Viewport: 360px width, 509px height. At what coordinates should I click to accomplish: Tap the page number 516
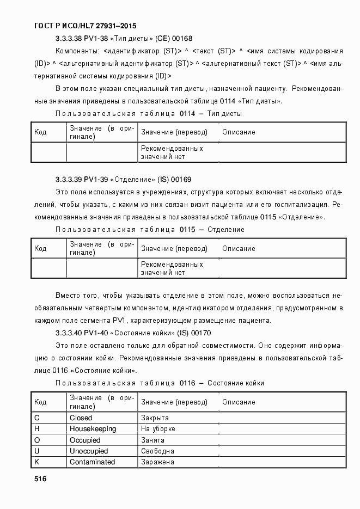coord(40,479)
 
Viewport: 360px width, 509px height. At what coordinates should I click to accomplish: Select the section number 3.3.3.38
coord(69,39)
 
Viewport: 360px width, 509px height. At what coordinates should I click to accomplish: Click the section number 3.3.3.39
coord(69,179)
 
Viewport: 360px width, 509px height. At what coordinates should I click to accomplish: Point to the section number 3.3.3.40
coord(69,333)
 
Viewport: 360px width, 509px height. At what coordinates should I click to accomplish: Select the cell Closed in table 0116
coord(81,418)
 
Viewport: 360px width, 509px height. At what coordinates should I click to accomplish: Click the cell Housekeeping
coord(93,429)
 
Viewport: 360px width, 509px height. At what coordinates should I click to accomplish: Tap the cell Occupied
coord(85,440)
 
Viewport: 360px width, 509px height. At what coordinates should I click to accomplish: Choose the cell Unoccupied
coord(89,451)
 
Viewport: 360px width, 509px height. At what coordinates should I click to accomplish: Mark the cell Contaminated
coord(92,462)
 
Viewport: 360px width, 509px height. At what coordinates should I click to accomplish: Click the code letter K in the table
coord(37,462)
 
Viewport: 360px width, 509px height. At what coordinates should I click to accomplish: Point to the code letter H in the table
coord(37,429)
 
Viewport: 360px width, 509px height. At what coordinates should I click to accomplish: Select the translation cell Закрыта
coord(155,418)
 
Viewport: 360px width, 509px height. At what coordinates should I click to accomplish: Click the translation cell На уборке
coord(158,429)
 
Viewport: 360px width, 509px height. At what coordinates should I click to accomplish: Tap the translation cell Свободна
coord(157,451)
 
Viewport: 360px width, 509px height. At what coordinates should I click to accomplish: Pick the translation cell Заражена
coord(157,462)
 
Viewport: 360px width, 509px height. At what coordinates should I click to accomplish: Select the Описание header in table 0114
coord(239,132)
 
